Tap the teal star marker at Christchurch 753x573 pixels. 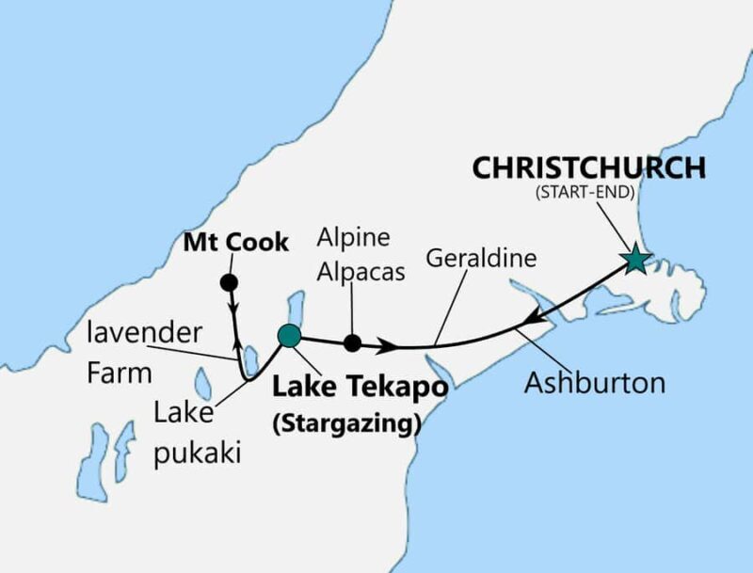tap(636, 260)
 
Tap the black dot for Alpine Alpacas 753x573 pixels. tap(352, 342)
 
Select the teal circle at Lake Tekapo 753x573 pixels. tap(289, 335)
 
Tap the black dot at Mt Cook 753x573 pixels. tap(227, 282)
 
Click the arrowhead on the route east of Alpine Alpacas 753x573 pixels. tap(386, 347)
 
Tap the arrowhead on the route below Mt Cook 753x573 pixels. tap(232, 308)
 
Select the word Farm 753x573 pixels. tap(120, 374)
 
